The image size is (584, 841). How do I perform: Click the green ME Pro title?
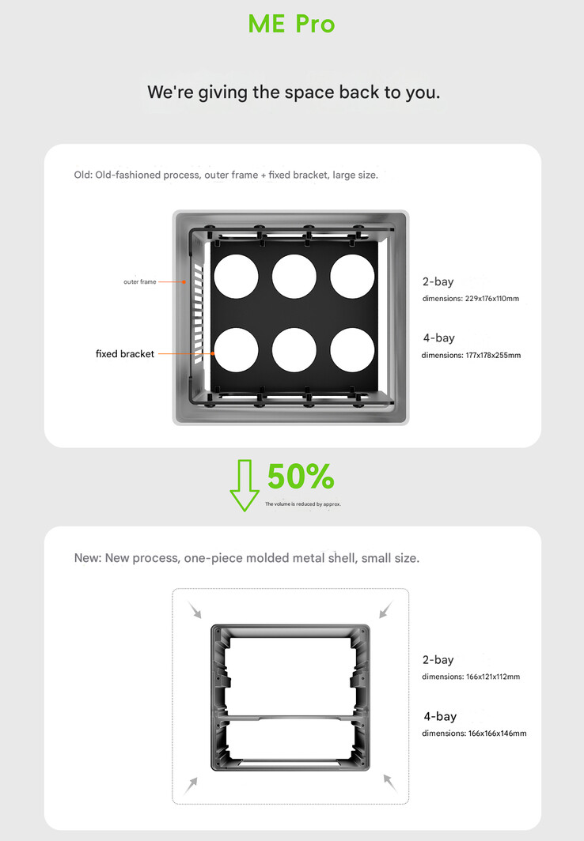click(x=292, y=24)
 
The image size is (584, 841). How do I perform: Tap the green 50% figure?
click(x=300, y=477)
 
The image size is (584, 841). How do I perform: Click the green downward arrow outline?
click(x=245, y=485)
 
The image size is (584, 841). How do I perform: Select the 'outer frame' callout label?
click(x=139, y=281)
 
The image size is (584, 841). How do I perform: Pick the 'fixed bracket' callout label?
click(x=124, y=354)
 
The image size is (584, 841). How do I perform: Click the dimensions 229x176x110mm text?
click(x=470, y=299)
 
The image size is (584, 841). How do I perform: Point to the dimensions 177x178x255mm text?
click(x=471, y=356)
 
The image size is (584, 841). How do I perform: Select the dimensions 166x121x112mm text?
click(x=470, y=677)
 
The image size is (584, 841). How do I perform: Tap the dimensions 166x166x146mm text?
click(x=473, y=734)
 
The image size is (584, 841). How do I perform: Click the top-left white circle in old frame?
click(x=236, y=277)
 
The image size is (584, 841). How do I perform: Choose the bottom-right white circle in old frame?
click(x=352, y=349)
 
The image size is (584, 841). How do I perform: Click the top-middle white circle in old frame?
click(x=294, y=277)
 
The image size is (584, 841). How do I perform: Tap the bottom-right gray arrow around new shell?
click(x=389, y=782)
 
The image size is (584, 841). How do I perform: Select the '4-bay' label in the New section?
click(x=440, y=716)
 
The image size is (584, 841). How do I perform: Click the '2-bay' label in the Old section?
click(x=438, y=281)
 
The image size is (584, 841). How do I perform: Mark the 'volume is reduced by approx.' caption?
click(x=303, y=504)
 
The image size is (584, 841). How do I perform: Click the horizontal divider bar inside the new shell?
click(x=290, y=716)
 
